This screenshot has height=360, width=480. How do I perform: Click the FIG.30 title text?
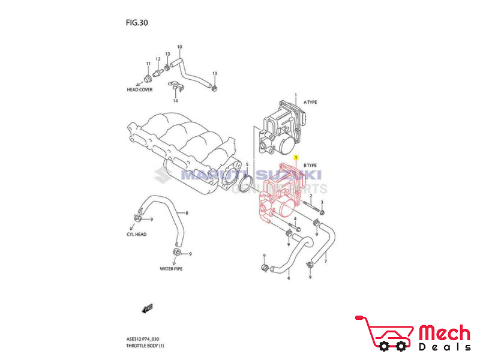(136, 23)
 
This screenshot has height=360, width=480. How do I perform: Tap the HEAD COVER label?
(139, 89)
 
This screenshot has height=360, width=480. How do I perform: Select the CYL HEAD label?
(136, 234)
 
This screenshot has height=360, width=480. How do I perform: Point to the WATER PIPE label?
(171, 269)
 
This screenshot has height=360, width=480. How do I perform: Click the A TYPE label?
(310, 103)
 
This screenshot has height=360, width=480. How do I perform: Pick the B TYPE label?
(310, 165)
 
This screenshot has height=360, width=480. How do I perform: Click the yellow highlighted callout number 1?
(296, 155)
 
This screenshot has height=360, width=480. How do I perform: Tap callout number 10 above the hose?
(179, 47)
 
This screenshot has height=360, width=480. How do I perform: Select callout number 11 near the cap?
(148, 64)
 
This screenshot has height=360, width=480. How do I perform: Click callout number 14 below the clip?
(175, 101)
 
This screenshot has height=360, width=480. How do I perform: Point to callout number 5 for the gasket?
(247, 164)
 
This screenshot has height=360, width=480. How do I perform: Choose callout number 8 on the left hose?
(187, 214)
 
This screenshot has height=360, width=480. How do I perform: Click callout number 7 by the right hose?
(326, 262)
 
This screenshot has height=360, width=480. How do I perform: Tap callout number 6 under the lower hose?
(288, 278)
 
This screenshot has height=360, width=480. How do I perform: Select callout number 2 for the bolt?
(311, 196)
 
